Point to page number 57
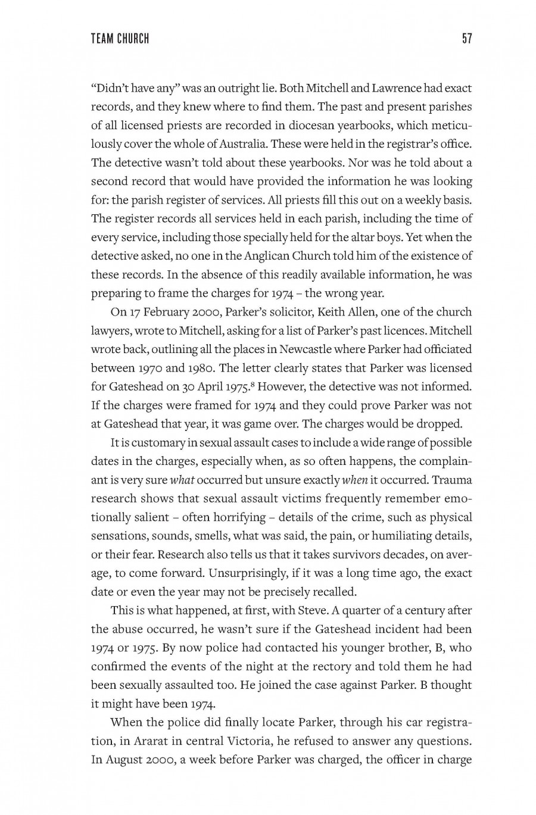coord(466,39)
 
